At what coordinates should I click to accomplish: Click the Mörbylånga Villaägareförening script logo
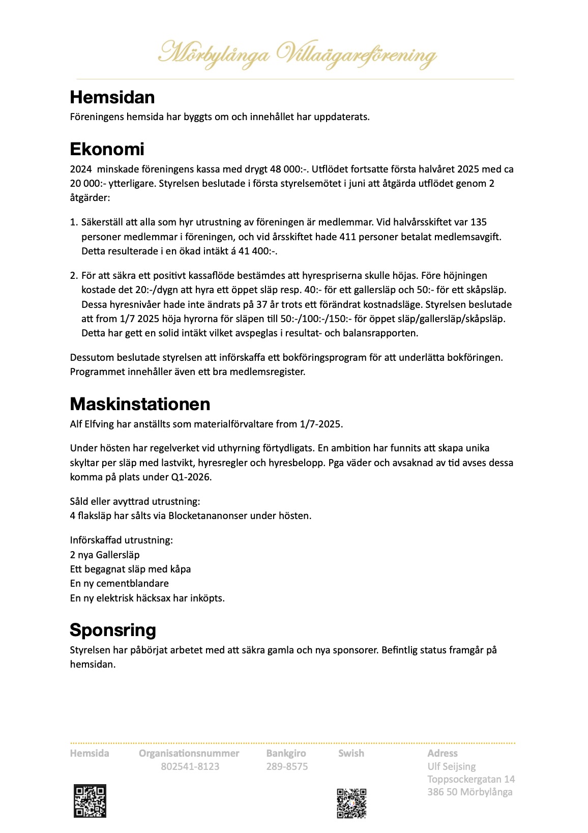pos(297,54)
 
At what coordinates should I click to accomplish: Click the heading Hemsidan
pos(112,97)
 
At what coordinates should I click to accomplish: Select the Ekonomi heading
pos(107,149)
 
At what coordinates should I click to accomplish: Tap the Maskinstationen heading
pos(140,404)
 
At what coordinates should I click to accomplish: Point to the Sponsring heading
pos(112,630)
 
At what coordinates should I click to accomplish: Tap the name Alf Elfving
pos(92,424)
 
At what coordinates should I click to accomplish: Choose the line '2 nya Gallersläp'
pos(105,555)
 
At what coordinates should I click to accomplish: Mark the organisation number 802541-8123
pos(190,766)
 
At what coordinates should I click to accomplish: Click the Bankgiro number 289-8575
pos(287,766)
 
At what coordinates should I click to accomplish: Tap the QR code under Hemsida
pos(90,801)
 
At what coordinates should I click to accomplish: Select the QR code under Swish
pos(351,803)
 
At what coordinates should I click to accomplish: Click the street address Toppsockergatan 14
pos(471,779)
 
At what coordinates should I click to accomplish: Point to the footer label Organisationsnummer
pos(189,753)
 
